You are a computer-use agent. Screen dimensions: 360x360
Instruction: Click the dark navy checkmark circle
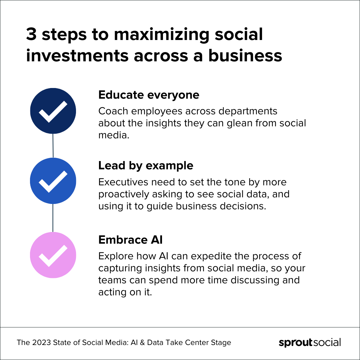click(x=53, y=111)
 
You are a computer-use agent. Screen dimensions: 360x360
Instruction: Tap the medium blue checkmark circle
click(x=53, y=181)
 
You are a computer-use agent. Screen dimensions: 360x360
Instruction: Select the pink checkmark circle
click(x=53, y=255)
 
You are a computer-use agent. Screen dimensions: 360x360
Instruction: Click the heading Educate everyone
click(x=149, y=95)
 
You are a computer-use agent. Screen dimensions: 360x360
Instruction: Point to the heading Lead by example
click(x=146, y=166)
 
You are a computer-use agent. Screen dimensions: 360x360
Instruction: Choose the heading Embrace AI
click(x=130, y=240)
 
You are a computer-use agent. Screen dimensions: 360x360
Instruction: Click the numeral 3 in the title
click(x=31, y=34)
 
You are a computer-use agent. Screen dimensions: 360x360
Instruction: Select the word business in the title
click(x=245, y=55)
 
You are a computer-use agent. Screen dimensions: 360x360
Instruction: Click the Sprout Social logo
click(x=310, y=343)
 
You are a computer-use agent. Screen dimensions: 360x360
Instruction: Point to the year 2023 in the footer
click(x=41, y=342)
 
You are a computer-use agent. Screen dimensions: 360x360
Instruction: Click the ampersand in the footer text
click(x=142, y=342)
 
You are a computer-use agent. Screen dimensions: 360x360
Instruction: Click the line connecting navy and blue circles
click(x=53, y=146)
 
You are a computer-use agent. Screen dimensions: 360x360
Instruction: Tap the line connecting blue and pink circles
click(x=53, y=218)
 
